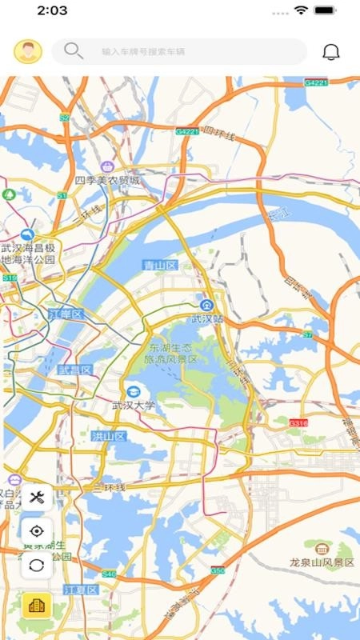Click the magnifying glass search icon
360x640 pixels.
click(73, 51)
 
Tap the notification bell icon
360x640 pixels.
click(330, 52)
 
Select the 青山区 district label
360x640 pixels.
click(159, 265)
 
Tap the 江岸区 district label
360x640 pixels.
click(66, 314)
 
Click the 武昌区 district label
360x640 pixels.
click(75, 370)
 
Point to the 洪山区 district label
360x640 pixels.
click(109, 436)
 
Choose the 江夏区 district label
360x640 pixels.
click(80, 590)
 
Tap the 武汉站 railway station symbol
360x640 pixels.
click(206, 304)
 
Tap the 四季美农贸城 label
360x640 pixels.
click(107, 181)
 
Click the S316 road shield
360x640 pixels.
click(298, 422)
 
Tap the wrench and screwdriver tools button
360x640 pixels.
click(36, 498)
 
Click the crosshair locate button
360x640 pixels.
click(36, 531)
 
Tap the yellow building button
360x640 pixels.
click(36, 606)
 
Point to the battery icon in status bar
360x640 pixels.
click(326, 10)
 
